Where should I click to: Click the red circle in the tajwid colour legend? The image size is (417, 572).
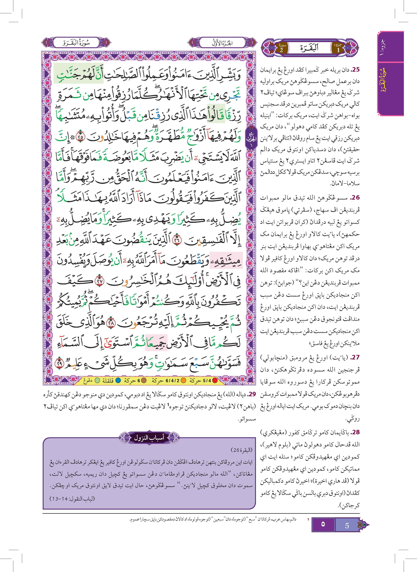(x=215, y=381)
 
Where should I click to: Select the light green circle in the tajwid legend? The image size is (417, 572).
(x=97, y=381)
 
